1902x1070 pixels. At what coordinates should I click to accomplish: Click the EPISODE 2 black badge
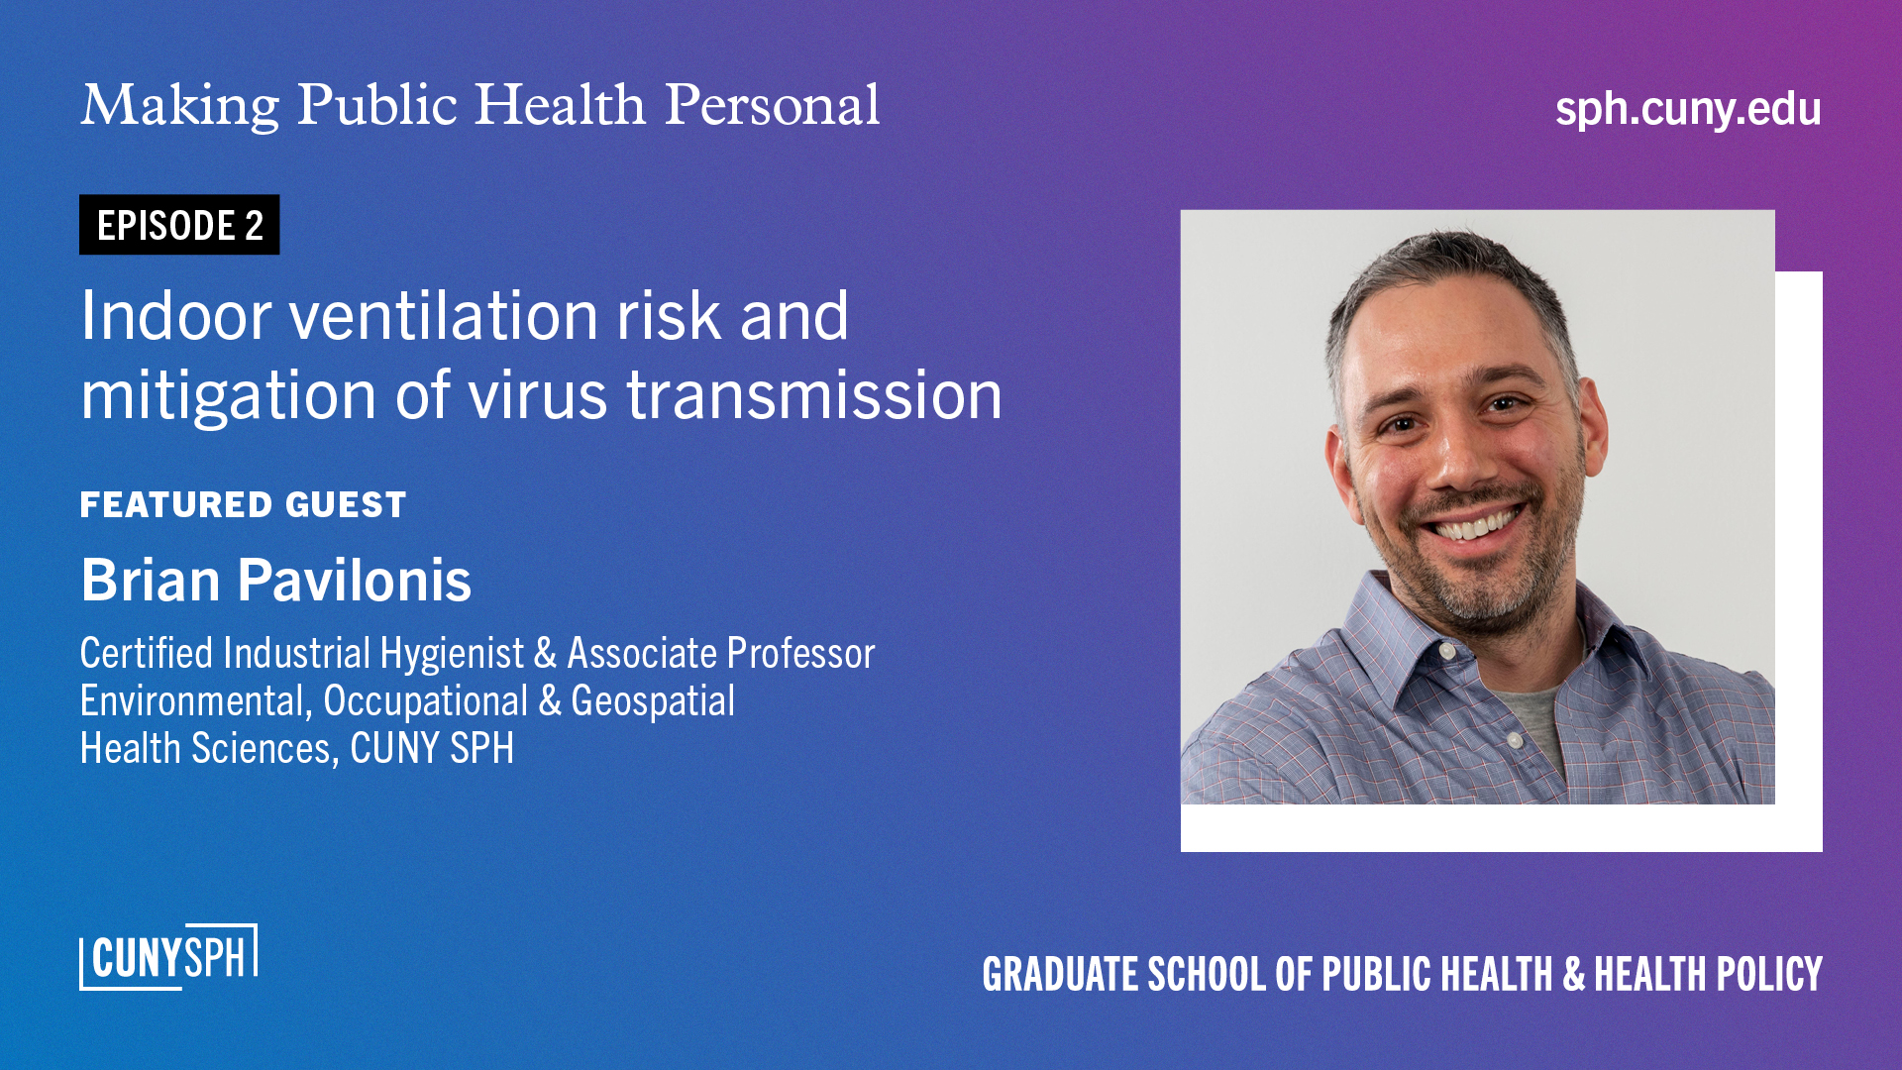(179, 225)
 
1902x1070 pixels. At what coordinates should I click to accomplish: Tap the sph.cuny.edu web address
(1687, 109)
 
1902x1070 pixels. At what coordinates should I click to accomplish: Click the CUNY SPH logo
(168, 957)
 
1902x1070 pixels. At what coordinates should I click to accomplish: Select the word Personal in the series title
(772, 105)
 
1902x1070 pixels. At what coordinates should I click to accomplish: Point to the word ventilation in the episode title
(444, 316)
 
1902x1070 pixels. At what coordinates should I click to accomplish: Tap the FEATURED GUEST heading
(243, 505)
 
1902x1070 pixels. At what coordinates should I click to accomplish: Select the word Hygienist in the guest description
(452, 654)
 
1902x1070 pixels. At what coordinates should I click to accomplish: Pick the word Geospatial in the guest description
(653, 701)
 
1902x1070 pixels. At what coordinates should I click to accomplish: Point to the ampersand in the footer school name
(1573, 975)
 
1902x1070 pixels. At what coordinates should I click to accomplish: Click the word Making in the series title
(180, 105)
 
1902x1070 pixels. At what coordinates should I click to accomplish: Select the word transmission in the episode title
(813, 395)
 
